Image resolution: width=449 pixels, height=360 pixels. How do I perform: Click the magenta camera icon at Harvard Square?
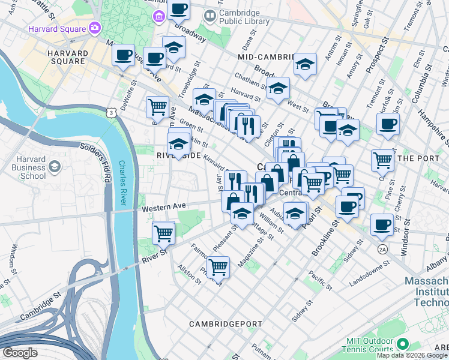[94, 28]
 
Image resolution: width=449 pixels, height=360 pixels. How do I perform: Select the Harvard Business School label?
[24, 171]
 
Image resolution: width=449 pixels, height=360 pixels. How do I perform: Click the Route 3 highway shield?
[110, 113]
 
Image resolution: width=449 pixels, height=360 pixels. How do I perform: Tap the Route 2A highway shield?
[383, 248]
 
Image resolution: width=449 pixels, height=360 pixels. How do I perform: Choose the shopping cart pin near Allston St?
[218, 267]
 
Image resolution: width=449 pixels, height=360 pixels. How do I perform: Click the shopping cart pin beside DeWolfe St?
[157, 107]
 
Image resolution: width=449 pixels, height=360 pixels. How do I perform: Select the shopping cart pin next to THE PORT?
[382, 160]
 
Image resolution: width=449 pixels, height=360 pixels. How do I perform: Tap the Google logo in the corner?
[20, 352]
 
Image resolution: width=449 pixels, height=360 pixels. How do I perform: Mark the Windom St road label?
[11, 261]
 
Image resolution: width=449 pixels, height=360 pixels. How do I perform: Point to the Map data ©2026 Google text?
[412, 355]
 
